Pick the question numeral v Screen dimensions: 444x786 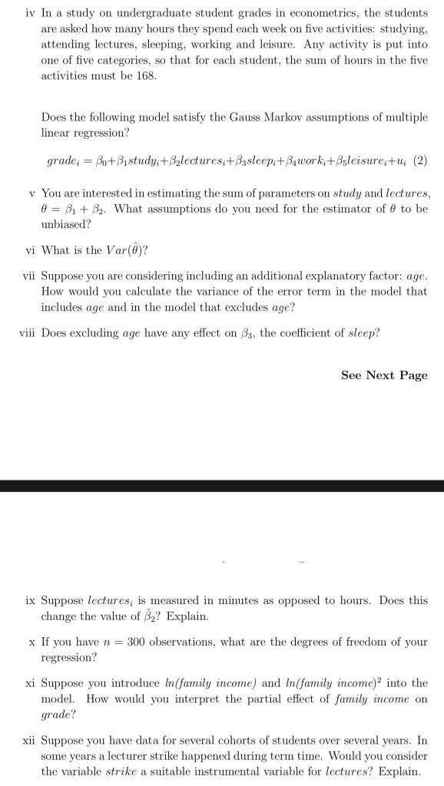[31, 191]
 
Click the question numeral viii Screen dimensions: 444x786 [26, 332]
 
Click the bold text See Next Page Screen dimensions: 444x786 [384, 375]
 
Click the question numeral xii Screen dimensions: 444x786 [27, 741]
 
